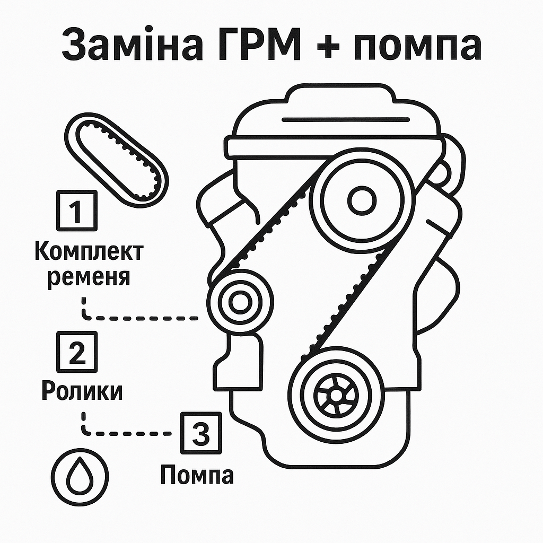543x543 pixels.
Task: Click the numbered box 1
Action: pos(77,211)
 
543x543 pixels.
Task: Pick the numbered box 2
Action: pos(77,352)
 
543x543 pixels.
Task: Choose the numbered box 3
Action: pos(200,434)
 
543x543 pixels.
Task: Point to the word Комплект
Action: pos(89,251)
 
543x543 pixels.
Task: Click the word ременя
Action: pos(89,277)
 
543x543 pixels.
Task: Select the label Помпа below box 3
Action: pos(197,475)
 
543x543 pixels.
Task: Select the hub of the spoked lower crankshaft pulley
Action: pos(335,395)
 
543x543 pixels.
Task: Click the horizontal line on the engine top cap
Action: pos(346,119)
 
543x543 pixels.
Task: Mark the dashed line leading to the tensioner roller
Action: pos(143,318)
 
